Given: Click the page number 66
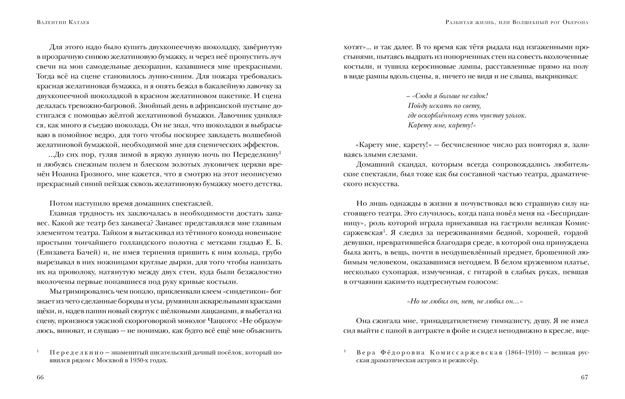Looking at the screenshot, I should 40,378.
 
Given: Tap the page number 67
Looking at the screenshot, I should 585,378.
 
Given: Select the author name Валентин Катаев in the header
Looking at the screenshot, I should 63,22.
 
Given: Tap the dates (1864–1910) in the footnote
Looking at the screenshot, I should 523,353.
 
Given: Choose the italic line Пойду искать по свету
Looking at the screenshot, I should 444,106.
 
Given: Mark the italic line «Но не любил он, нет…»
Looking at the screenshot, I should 465,301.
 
